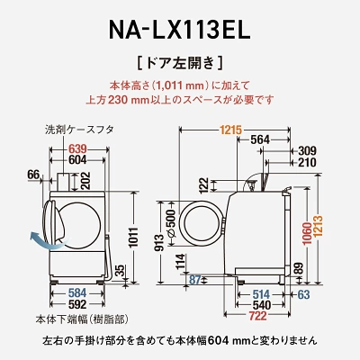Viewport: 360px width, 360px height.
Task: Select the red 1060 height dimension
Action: pyautogui.click(x=312, y=236)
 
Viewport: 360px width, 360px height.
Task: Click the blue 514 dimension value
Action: pyautogui.click(x=262, y=293)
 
